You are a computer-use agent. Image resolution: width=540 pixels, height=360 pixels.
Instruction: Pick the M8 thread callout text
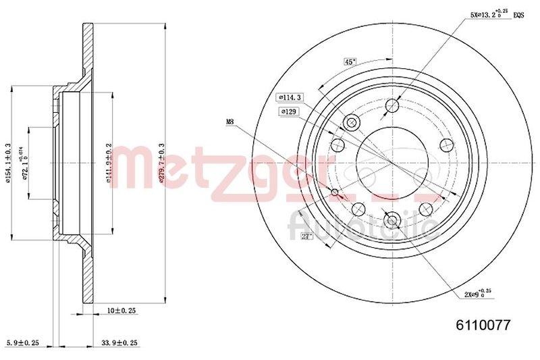coord(232,122)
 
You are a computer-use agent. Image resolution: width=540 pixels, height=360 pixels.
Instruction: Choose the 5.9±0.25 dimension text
coord(22,343)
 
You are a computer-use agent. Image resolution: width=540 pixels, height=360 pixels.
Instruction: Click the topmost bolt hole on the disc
coord(392,105)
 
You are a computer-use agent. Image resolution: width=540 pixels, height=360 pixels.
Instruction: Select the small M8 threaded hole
coord(336,193)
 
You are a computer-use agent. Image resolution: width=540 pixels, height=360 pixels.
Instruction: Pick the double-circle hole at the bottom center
coord(392,220)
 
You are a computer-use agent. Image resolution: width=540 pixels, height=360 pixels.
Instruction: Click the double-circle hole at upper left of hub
coord(351,122)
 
